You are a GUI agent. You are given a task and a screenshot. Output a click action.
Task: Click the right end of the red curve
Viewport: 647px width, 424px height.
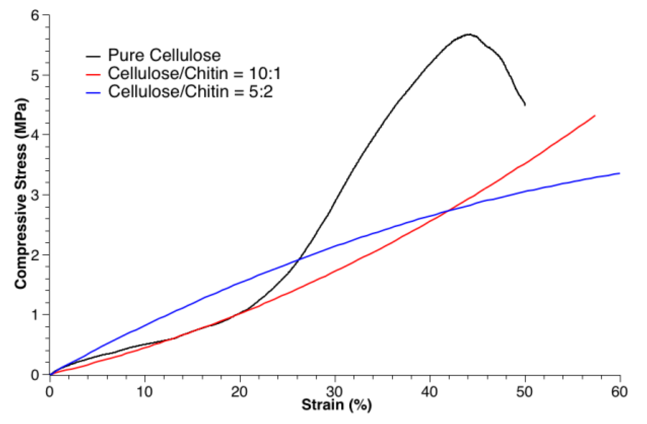pyautogui.click(x=595, y=116)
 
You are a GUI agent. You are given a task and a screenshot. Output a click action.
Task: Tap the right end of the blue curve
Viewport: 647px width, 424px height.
pyautogui.click(x=620, y=173)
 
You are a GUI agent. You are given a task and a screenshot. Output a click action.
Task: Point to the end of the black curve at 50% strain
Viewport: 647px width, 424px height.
pyautogui.click(x=525, y=105)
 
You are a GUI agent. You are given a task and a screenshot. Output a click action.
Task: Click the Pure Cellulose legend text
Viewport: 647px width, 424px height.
pyautogui.click(x=164, y=55)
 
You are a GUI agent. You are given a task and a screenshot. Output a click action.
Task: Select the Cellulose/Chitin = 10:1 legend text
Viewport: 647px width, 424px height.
pyautogui.click(x=194, y=74)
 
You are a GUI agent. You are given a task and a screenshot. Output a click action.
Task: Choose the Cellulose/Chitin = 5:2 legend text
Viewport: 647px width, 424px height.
pyautogui.click(x=190, y=91)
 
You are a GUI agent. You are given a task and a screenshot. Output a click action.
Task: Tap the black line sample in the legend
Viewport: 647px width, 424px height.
pyautogui.click(x=93, y=56)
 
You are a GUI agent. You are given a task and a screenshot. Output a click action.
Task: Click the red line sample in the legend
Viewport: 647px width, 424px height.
pyautogui.click(x=93, y=75)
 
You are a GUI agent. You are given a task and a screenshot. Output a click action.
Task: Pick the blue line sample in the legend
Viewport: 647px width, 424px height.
pyautogui.click(x=93, y=92)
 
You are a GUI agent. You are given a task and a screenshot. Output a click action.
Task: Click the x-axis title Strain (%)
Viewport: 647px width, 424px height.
pyautogui.click(x=336, y=404)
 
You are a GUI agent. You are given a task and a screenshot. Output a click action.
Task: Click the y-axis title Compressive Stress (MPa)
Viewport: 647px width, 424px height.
pyautogui.click(x=21, y=194)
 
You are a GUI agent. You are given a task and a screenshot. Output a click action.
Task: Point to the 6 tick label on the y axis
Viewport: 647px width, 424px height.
pyautogui.click(x=35, y=15)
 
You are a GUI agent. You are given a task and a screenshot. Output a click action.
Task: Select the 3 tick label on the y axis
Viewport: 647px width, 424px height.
pyautogui.click(x=35, y=195)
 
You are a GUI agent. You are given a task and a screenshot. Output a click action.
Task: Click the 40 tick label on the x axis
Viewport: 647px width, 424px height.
pyautogui.click(x=429, y=392)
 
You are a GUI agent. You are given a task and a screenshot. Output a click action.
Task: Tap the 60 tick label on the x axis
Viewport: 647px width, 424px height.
pyautogui.click(x=619, y=392)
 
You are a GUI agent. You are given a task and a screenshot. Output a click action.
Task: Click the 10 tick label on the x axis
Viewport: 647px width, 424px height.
pyautogui.click(x=145, y=392)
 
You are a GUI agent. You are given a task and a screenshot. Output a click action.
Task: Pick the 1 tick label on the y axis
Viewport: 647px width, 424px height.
pyautogui.click(x=35, y=315)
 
